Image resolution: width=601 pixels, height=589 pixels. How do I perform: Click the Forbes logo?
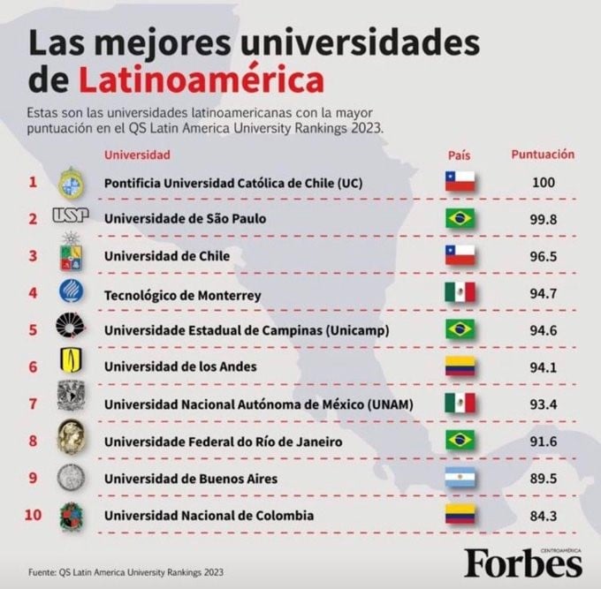523,562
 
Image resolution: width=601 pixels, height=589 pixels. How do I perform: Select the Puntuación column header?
543,155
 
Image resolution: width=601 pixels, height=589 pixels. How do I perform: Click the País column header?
459,155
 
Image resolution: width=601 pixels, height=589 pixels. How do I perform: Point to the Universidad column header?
137,155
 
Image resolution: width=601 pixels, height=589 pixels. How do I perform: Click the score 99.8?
542,218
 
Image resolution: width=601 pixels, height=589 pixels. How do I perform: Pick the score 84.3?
542,515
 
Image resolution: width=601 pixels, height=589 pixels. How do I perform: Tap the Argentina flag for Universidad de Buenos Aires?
460,478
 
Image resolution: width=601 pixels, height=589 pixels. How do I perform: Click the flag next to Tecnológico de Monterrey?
460,293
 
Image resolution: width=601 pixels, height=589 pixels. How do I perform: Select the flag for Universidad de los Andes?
460,366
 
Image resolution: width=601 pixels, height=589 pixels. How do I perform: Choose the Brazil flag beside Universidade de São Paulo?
460,218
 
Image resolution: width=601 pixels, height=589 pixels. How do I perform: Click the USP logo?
71,216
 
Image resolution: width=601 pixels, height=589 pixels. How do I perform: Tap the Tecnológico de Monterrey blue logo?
70,291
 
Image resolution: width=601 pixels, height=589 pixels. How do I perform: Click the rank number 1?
33,182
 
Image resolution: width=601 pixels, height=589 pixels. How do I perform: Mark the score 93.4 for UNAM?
542,404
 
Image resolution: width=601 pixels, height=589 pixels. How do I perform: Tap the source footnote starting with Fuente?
125,571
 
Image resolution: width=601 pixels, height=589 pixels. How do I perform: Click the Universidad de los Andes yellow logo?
70,362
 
